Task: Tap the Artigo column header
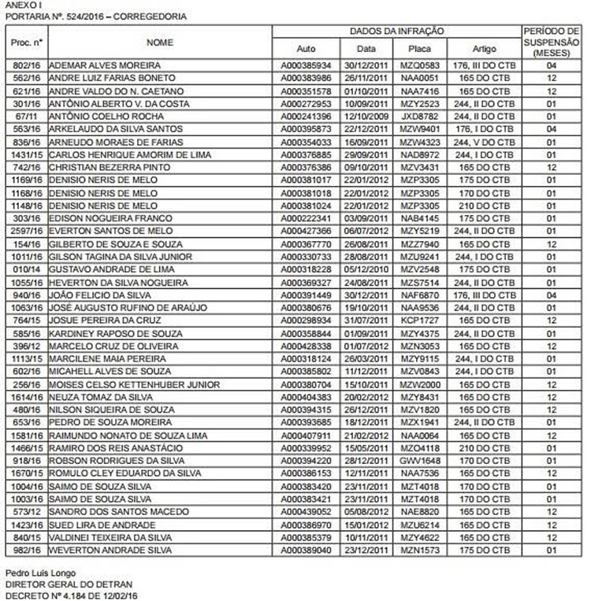click(484, 48)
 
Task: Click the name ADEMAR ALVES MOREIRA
click(105, 65)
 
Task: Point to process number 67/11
click(27, 116)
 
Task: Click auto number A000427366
click(310, 231)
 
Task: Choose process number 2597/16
click(27, 231)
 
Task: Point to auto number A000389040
click(310, 550)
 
